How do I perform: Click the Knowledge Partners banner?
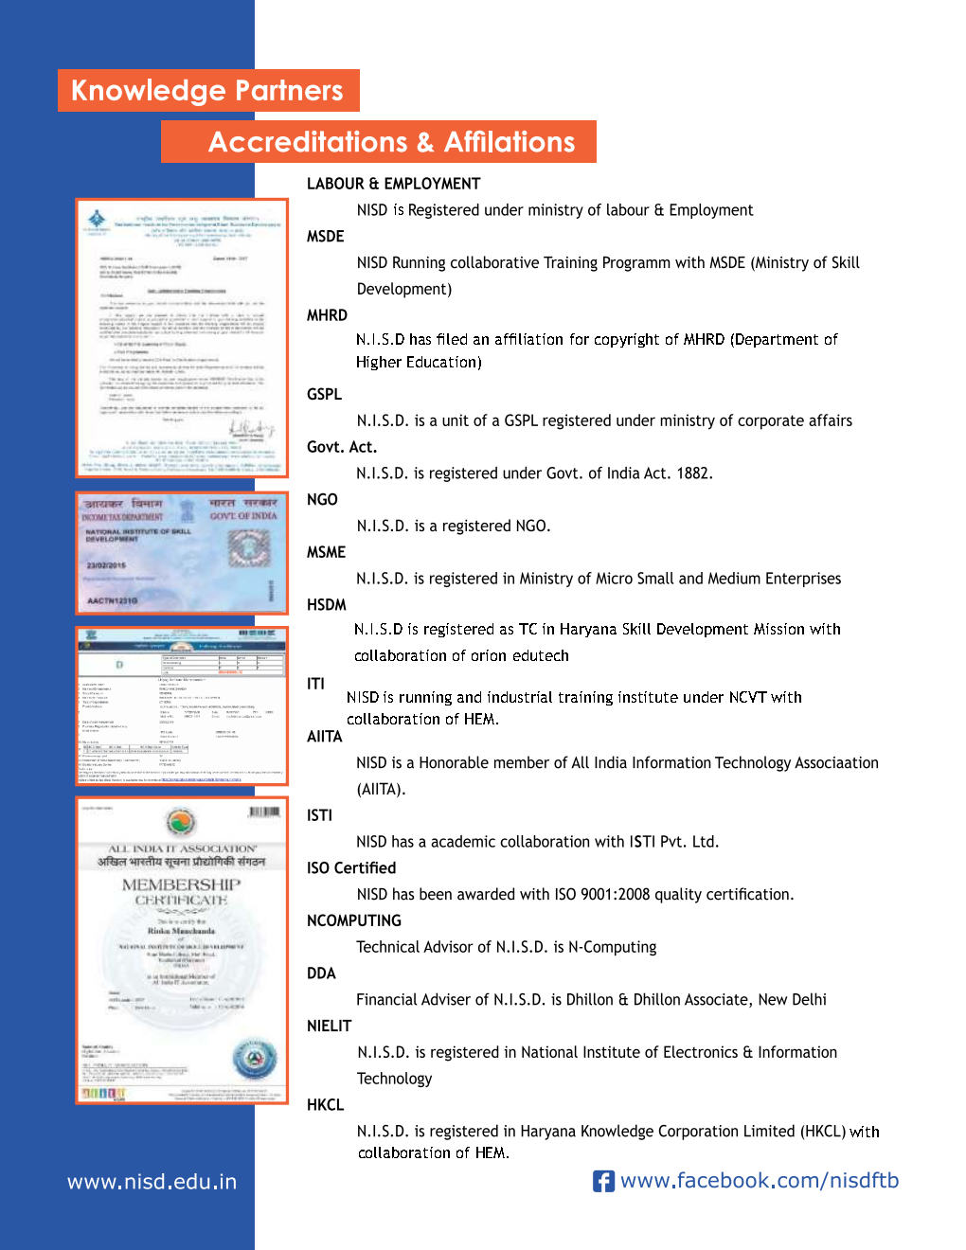(207, 91)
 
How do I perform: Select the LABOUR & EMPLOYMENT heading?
(393, 184)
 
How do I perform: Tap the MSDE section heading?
(325, 237)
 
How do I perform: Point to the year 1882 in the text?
(692, 473)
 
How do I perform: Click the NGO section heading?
(322, 500)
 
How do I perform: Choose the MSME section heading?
(326, 552)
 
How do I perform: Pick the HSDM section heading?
(327, 605)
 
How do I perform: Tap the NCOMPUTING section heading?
(353, 920)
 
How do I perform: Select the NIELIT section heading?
(329, 1026)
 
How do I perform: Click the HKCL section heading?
(325, 1105)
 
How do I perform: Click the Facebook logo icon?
(603, 1181)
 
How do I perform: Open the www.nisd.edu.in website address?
(152, 1182)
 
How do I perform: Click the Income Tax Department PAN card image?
(182, 553)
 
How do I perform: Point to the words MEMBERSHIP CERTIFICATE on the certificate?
(181, 891)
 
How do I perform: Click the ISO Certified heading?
(351, 868)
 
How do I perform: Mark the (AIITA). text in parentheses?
(381, 789)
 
